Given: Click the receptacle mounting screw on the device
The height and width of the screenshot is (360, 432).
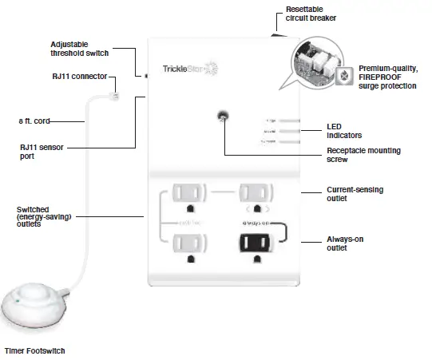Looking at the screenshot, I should point(223,117).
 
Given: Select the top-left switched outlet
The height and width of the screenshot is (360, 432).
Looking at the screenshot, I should point(188,194).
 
